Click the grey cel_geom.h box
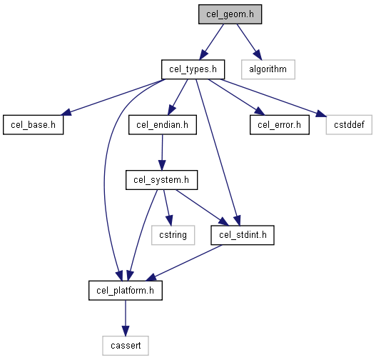pos(230,14)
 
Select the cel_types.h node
pos(193,69)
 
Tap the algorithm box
pos(268,69)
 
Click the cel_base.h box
pos(34,125)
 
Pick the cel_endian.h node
pos(163,125)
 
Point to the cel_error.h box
pos(280,125)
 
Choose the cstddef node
pos(349,125)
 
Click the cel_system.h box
pos(162,180)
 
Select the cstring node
pos(173,235)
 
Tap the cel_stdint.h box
pos(243,235)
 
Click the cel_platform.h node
pos(126,291)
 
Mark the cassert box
pos(126,346)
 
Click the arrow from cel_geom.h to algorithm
pos(250,42)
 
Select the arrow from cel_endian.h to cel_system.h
pos(162,152)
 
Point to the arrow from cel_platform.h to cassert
pos(126,318)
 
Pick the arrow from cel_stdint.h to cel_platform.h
pos(184,263)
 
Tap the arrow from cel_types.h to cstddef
pos(273,98)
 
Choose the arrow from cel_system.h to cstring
pos(168,208)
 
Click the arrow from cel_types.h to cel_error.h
pos(236,97)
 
